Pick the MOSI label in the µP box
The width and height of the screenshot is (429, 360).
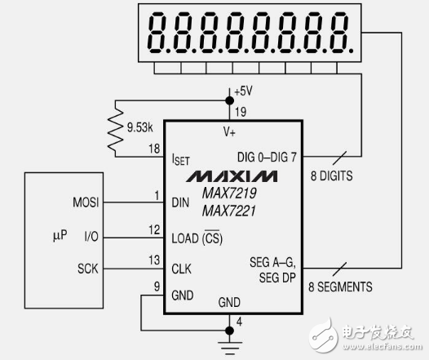(87, 201)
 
